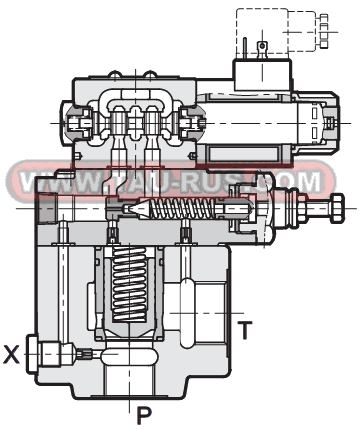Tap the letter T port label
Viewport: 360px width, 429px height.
pyautogui.click(x=243, y=325)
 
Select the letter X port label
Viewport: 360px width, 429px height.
pyautogui.click(x=13, y=352)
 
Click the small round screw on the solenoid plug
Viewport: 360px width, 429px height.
pyautogui.click(x=262, y=46)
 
